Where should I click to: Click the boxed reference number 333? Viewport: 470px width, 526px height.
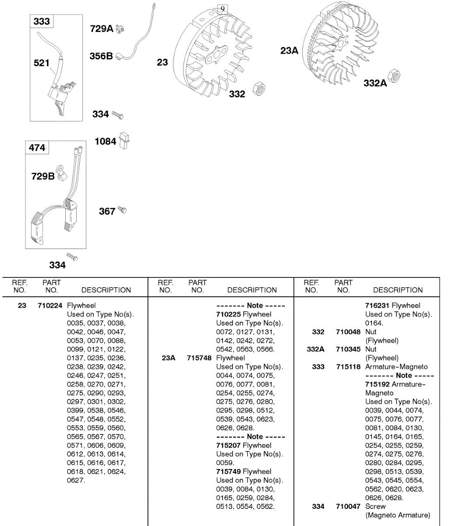click(x=42, y=21)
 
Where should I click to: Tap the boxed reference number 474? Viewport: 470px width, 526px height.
click(x=37, y=148)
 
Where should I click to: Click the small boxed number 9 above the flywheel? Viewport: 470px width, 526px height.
click(x=223, y=9)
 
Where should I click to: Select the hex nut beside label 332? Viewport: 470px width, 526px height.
click(x=259, y=89)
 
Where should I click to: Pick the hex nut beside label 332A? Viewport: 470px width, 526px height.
click(x=394, y=75)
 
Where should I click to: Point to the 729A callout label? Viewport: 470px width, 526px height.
click(x=101, y=29)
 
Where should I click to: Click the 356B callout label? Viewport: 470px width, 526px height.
click(x=101, y=56)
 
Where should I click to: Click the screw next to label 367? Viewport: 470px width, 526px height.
click(x=123, y=210)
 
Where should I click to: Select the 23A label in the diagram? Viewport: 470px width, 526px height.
click(x=289, y=51)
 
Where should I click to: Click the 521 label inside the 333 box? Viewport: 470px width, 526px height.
click(x=42, y=63)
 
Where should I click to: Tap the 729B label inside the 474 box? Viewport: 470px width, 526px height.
click(x=43, y=176)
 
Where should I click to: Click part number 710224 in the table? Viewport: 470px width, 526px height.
click(x=50, y=306)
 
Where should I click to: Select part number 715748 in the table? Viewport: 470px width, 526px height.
click(x=199, y=358)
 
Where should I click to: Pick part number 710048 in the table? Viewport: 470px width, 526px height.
click(x=348, y=332)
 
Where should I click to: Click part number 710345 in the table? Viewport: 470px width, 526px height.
click(x=348, y=349)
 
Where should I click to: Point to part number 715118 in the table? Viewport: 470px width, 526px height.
click(x=348, y=367)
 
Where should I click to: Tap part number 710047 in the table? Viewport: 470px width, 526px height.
click(x=348, y=506)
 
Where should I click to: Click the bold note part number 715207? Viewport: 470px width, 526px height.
click(x=228, y=445)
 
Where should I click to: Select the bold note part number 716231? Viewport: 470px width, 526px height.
click(x=377, y=306)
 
